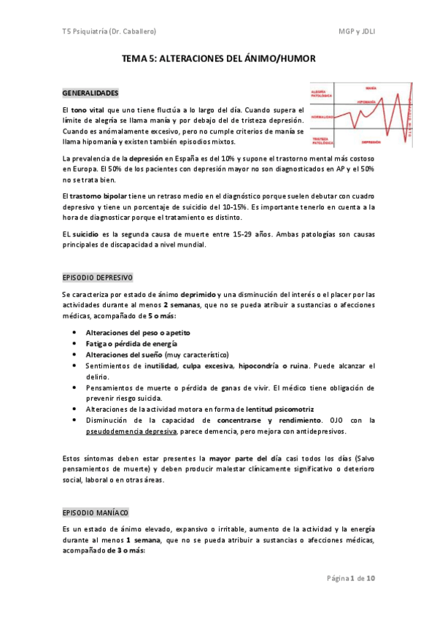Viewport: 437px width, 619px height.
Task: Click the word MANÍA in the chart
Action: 370,87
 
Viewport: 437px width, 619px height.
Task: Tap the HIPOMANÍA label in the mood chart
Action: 366,101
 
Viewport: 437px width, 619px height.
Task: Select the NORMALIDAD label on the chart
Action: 322,117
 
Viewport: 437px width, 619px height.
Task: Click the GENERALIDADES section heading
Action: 90,93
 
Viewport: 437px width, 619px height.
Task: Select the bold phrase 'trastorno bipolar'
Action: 98,196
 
